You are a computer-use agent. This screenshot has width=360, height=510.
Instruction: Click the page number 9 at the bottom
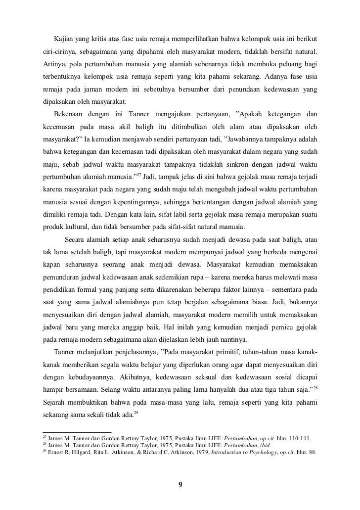pos(180,484)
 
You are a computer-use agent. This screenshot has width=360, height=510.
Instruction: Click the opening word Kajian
pos(64,39)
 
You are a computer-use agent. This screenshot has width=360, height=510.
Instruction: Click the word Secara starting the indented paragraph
pos(77,240)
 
